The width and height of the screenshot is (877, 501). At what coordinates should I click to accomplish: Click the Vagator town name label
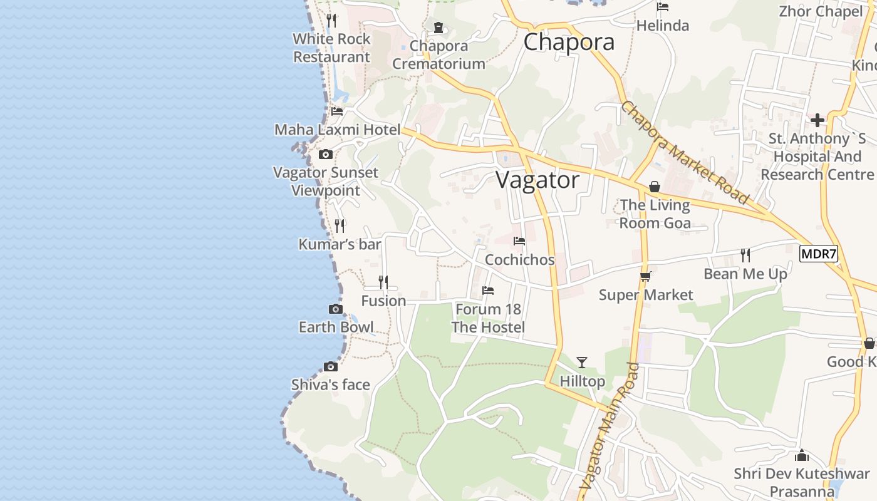(x=537, y=180)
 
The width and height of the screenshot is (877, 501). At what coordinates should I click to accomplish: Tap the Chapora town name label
(x=569, y=42)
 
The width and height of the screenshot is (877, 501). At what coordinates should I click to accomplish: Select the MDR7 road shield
(x=818, y=254)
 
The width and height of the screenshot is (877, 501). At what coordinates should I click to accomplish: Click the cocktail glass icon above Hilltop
(x=582, y=362)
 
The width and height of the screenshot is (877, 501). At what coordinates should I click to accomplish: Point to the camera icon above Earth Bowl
(x=336, y=309)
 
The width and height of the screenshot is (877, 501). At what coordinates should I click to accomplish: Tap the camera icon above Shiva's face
(x=331, y=366)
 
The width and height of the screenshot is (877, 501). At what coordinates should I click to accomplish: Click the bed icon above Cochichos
(x=519, y=241)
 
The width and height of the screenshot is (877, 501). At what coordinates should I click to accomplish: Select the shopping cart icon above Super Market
(x=646, y=276)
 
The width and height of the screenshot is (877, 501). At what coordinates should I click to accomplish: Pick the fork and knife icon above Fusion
(x=383, y=282)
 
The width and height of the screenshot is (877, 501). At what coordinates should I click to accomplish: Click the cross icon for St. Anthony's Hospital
(x=817, y=120)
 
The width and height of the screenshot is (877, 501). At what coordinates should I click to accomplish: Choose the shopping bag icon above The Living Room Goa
(x=655, y=187)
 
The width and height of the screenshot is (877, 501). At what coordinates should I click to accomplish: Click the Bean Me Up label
(x=745, y=274)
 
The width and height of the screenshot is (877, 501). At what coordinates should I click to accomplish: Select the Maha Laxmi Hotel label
(x=337, y=130)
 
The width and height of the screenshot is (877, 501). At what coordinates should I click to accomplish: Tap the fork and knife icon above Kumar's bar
(x=340, y=225)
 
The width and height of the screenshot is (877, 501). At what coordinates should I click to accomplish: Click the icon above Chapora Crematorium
(x=438, y=28)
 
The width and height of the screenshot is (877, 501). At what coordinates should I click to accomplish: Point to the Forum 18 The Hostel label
(x=488, y=318)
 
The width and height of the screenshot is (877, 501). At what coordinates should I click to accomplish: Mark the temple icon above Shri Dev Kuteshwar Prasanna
(x=802, y=455)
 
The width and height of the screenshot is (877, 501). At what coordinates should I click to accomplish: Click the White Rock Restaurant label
(x=331, y=48)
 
